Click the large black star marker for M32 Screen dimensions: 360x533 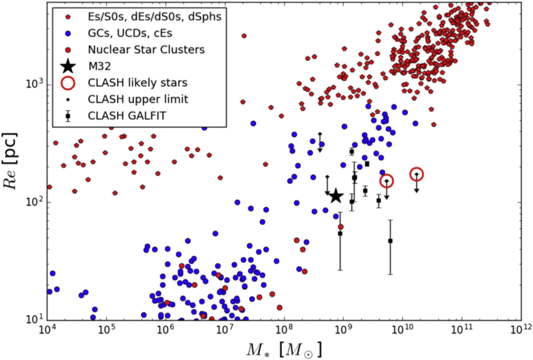tap(335, 196)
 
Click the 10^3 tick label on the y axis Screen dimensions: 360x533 tap(32, 85)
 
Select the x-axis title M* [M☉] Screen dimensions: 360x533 tap(284, 350)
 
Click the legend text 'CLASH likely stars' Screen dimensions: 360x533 tap(130, 83)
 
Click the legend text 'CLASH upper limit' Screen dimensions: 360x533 tap(130, 99)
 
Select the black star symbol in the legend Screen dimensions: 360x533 tap(68, 66)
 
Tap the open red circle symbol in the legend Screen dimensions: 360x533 tap(68, 83)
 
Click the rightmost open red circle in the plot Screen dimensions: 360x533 tap(417, 174)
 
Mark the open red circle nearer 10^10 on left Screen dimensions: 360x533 tap(386, 181)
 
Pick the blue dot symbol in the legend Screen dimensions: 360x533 tap(68, 34)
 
